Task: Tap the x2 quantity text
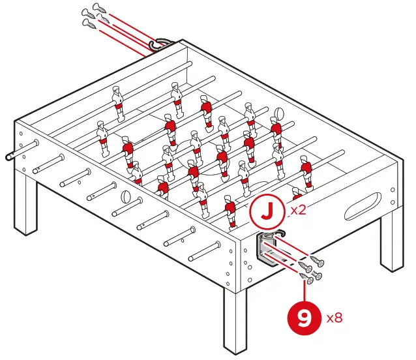click(299, 211)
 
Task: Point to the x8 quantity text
click(334, 318)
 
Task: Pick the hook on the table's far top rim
click(158, 44)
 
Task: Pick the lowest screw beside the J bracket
click(307, 277)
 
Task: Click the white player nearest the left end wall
click(102, 138)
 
